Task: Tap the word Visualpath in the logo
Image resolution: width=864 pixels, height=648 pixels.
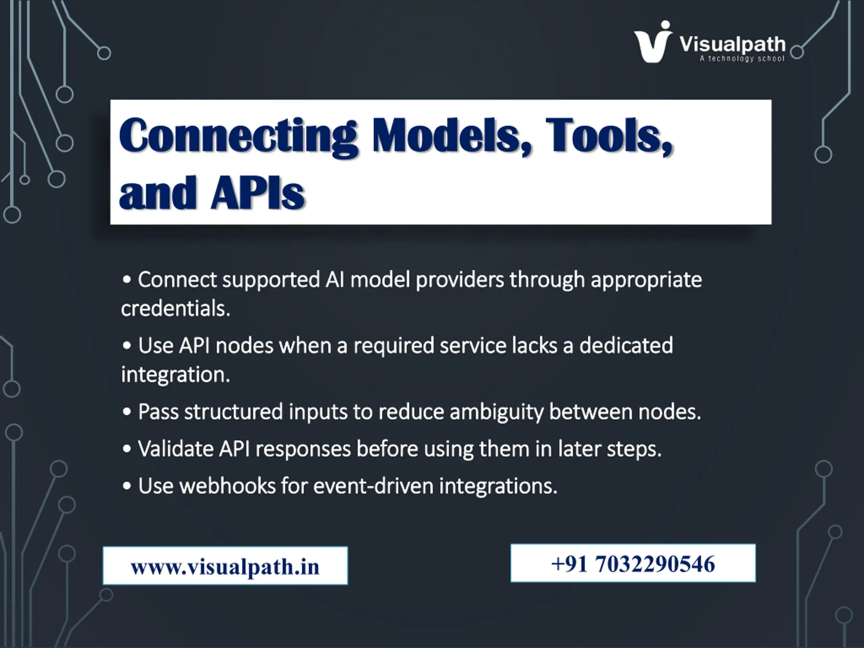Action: pyautogui.click(x=732, y=45)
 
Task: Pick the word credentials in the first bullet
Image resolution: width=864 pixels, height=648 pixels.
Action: pyautogui.click(x=175, y=308)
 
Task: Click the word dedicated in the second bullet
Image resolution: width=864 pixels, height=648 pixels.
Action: pyautogui.click(x=626, y=345)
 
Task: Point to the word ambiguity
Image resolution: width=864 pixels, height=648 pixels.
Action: pyautogui.click(x=496, y=412)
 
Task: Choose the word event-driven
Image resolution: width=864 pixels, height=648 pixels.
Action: pyautogui.click(x=373, y=486)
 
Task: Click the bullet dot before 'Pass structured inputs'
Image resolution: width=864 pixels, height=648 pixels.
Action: pyautogui.click(x=127, y=412)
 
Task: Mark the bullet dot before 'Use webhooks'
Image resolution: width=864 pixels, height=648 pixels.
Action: pyautogui.click(x=127, y=486)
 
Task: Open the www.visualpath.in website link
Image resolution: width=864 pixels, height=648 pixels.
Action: pyautogui.click(x=225, y=567)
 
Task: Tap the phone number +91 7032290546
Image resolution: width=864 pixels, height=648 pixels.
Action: pyautogui.click(x=633, y=564)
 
